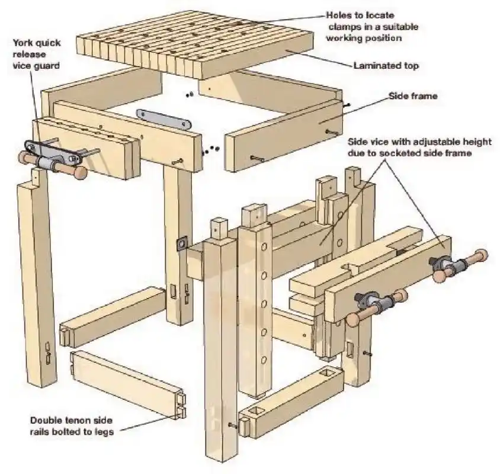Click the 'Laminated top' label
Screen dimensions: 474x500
click(386, 66)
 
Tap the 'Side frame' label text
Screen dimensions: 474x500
click(412, 95)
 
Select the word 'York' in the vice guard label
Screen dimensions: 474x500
click(23, 43)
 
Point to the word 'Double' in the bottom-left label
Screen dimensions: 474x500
click(46, 420)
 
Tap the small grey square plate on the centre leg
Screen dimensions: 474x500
click(181, 244)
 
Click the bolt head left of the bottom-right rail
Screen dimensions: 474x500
click(232, 424)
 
